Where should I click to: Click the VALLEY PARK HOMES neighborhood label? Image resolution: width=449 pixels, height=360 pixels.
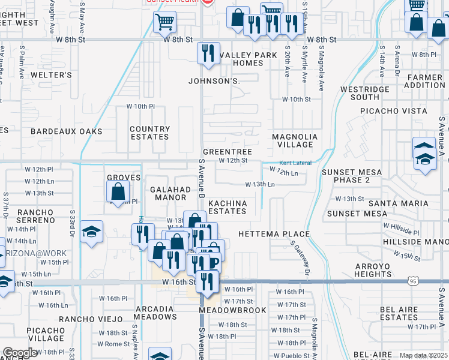(x=248, y=59)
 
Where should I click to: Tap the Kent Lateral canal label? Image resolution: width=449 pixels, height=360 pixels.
(x=294, y=164)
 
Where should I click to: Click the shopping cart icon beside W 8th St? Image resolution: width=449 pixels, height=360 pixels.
(x=164, y=23)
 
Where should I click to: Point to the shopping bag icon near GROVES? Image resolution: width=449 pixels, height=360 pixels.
(x=118, y=192)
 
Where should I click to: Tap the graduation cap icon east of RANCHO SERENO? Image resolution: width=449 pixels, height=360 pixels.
(x=91, y=232)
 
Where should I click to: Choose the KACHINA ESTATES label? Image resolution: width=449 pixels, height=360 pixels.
(x=228, y=207)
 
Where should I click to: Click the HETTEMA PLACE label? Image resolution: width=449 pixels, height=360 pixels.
(x=274, y=233)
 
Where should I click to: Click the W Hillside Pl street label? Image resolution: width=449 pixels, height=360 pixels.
(x=403, y=230)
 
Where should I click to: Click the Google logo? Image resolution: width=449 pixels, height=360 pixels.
(x=20, y=353)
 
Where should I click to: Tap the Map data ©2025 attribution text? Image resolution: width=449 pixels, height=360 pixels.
(x=423, y=355)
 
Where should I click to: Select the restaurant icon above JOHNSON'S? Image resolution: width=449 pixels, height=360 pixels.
(x=208, y=54)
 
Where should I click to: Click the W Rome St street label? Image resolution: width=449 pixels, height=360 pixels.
(x=109, y=344)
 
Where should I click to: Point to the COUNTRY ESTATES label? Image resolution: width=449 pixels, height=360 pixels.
(x=149, y=133)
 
